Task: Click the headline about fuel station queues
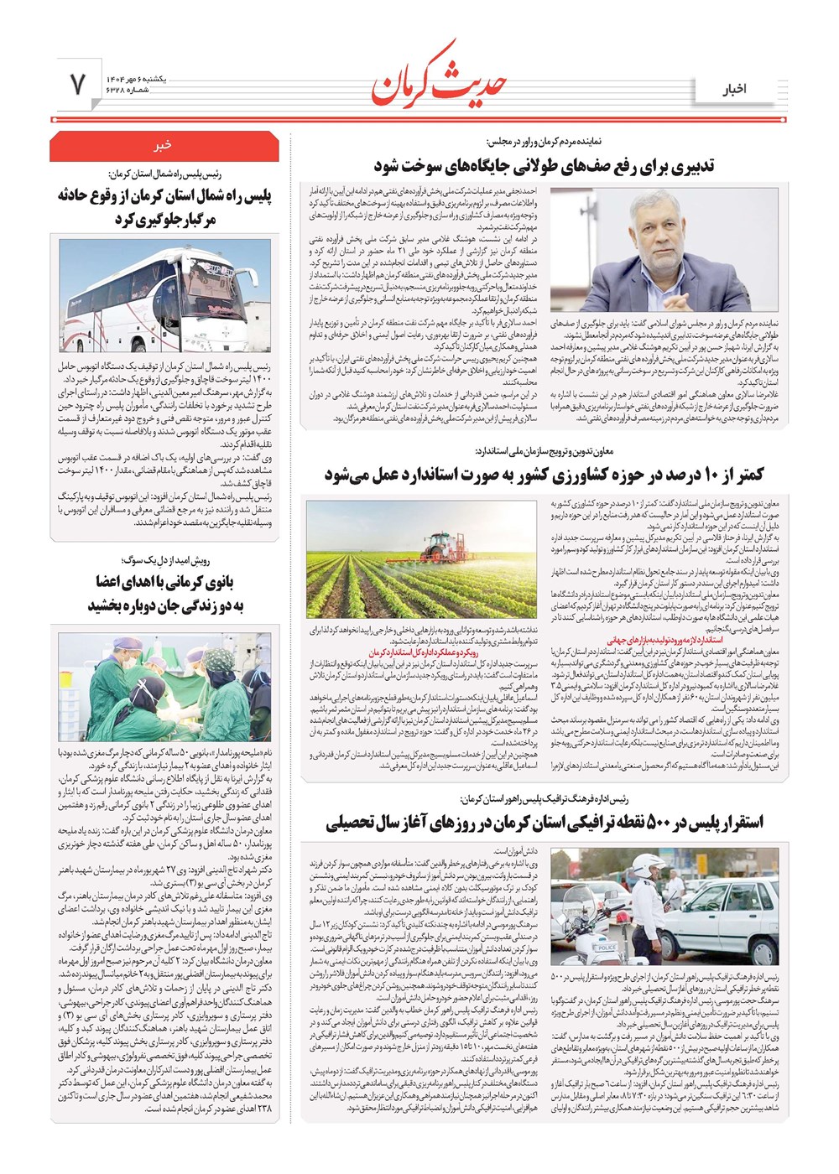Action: [544, 165]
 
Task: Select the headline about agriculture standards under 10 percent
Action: [544, 475]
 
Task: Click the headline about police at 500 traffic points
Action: [544, 823]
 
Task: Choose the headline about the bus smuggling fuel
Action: [164, 206]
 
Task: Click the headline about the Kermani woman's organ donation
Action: [164, 593]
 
